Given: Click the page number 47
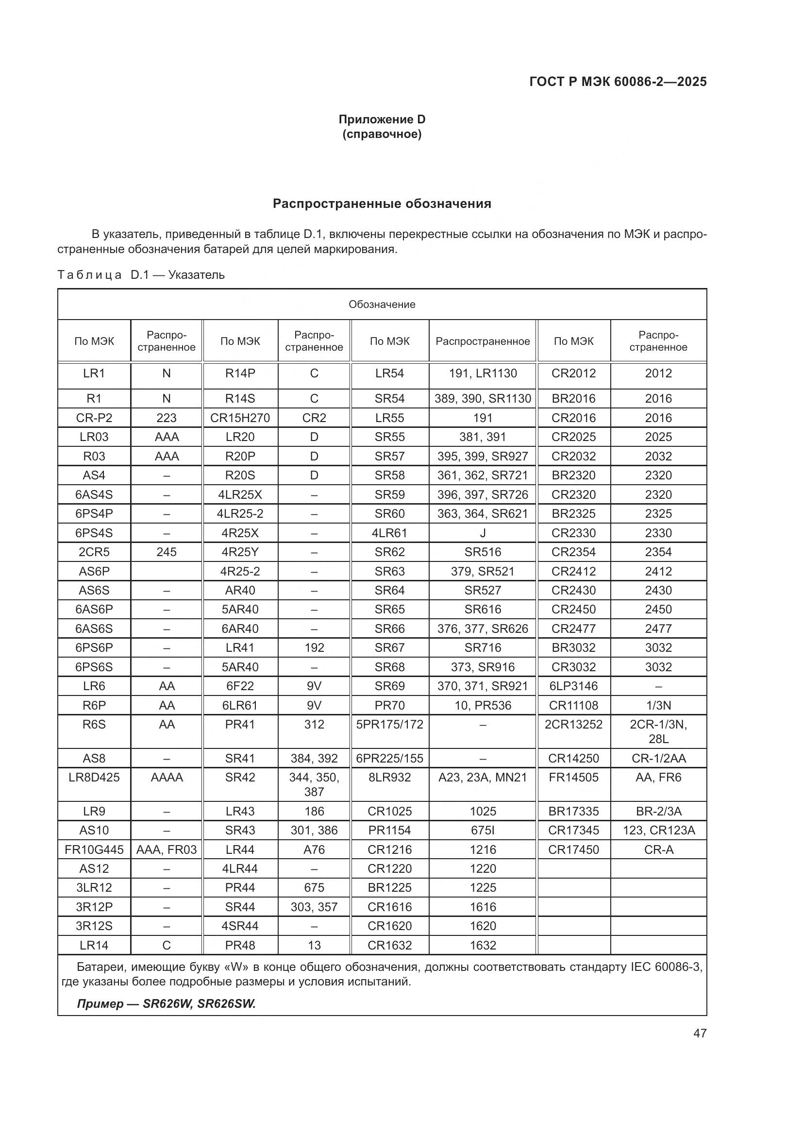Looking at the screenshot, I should pyautogui.click(x=699, y=1033).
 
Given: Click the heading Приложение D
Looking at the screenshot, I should pyautogui.click(x=382, y=119).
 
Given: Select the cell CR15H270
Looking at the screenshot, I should pyautogui.click(x=240, y=418).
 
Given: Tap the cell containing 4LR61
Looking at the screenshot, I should pyautogui.click(x=390, y=533).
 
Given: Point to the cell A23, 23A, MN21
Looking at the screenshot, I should pyautogui.click(x=483, y=777).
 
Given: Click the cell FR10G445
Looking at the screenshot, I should pyautogui.click(x=94, y=849).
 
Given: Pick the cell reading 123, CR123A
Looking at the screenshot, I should pyautogui.click(x=659, y=830).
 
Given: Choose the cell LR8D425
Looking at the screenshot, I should pyautogui.click(x=94, y=777).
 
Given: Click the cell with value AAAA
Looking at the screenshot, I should pyautogui.click(x=167, y=777).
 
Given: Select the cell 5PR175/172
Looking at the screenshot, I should pyautogui.click(x=390, y=724).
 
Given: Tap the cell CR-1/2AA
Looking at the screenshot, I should pyautogui.click(x=659, y=759).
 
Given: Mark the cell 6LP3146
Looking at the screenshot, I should pyautogui.click(x=573, y=686).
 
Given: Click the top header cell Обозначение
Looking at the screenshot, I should pyautogui.click(x=382, y=305).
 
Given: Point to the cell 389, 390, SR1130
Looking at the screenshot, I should pyautogui.click(x=483, y=398).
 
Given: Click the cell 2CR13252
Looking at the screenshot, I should pyautogui.click(x=573, y=724).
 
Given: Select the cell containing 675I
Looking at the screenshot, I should pyautogui.click(x=483, y=830).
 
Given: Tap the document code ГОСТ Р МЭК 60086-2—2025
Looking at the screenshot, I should pyautogui.click(x=618, y=82).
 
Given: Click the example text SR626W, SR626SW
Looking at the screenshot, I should pyautogui.click(x=199, y=1004).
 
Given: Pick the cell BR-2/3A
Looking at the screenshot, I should pyautogui.click(x=659, y=811).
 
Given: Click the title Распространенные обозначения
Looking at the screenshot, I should pyautogui.click(x=382, y=204).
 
